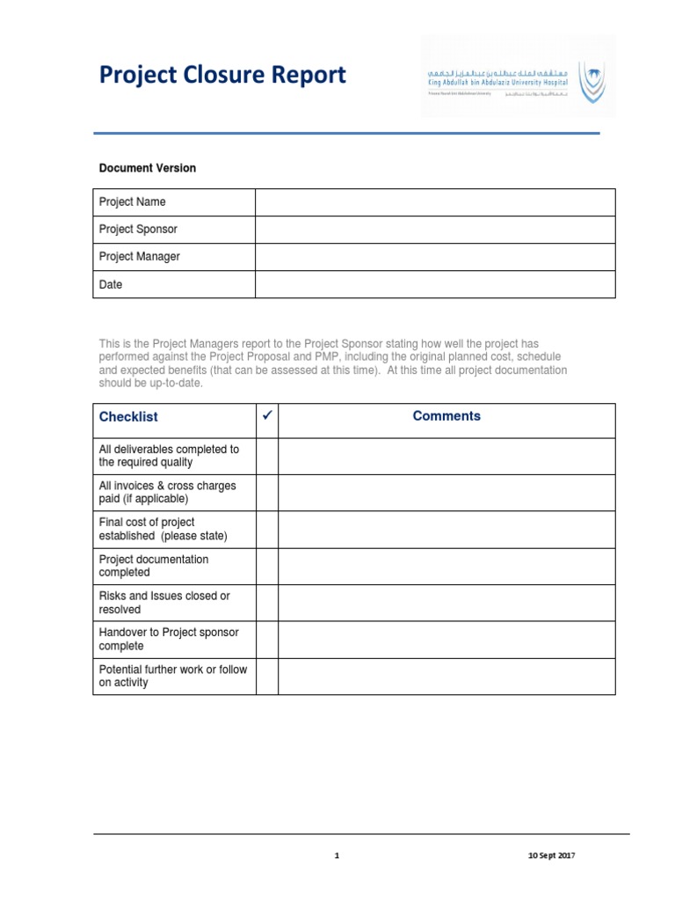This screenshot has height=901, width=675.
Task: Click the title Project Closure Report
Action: click(222, 76)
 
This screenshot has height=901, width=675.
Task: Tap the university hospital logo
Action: click(519, 77)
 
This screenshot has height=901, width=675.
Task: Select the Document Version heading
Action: click(147, 168)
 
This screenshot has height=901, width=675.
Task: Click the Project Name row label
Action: click(132, 202)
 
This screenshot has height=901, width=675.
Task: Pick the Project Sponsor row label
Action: click(138, 230)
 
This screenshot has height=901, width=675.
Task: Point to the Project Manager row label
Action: click(139, 257)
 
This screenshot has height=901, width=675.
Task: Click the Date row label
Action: click(111, 285)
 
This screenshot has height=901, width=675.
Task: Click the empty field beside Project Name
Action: click(435, 202)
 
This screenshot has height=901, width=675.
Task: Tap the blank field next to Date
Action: click(435, 285)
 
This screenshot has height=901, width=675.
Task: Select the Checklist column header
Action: click(128, 417)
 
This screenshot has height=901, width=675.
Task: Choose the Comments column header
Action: click(446, 416)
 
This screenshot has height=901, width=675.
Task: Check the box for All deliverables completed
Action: click(267, 456)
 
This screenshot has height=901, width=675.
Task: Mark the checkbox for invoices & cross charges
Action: click(267, 493)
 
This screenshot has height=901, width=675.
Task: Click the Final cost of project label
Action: click(163, 529)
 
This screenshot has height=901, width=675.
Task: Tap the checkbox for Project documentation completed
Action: click(267, 566)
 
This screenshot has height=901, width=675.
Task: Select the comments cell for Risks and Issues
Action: click(446, 603)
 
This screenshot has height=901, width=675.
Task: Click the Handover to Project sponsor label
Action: click(168, 639)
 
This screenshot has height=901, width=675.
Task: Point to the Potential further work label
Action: click(172, 676)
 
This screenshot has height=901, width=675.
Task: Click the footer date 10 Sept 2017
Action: click(551, 855)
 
